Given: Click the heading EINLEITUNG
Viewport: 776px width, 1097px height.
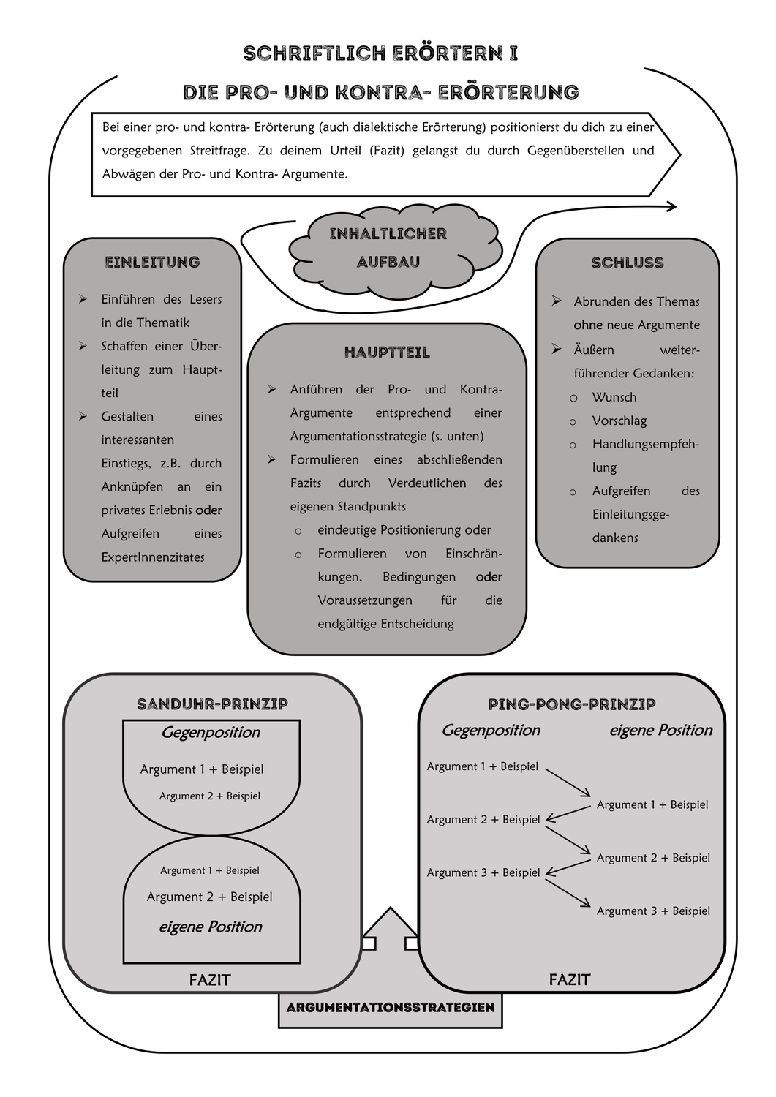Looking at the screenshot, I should [x=152, y=262].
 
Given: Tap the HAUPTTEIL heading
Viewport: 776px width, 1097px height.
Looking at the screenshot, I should [x=387, y=353].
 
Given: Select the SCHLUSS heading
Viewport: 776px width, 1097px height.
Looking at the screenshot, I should [x=628, y=263].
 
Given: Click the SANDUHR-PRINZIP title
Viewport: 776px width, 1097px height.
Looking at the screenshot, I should [x=212, y=704].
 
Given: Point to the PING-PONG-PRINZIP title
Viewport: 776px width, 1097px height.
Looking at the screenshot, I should [x=571, y=704].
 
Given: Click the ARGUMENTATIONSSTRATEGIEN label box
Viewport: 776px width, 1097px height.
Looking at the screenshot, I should [x=391, y=1008].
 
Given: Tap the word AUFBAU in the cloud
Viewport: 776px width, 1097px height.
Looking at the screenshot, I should [x=388, y=262].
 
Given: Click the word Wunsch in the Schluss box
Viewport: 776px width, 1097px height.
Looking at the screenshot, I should [x=614, y=397].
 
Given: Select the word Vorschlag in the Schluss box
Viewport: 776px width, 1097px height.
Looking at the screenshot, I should [x=619, y=421].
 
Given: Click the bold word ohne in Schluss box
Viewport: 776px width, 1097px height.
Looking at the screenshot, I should [x=588, y=325].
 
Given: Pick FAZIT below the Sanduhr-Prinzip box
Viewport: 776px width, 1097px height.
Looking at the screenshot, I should [x=210, y=980].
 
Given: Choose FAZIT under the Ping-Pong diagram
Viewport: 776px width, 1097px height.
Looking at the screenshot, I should [x=570, y=980].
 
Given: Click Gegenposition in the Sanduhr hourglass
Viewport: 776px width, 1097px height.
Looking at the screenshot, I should [x=211, y=732].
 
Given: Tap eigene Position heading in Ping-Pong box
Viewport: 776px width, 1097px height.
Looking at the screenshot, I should [x=660, y=730].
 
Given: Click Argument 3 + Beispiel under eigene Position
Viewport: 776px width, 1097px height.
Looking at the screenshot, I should [x=653, y=911].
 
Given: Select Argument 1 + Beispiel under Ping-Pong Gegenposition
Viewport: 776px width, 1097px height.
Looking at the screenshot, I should [x=483, y=766].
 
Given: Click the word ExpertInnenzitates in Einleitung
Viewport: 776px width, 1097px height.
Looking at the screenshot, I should [x=153, y=557].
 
